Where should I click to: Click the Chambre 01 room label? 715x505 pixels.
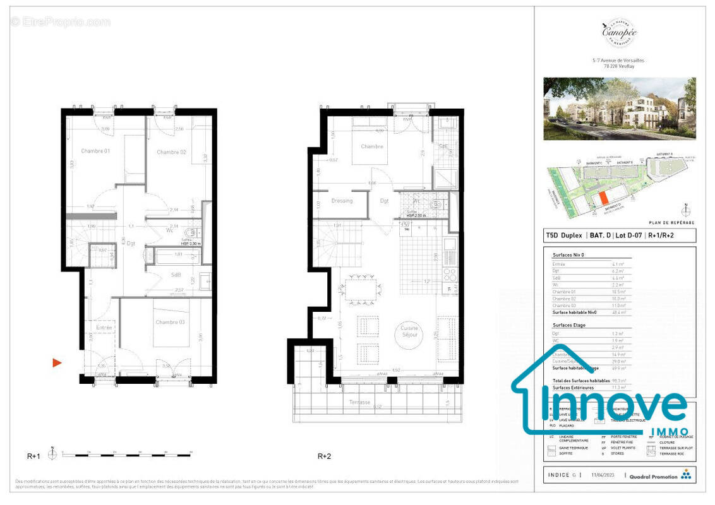coord(95,151)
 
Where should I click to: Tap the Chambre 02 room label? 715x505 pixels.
coord(171,152)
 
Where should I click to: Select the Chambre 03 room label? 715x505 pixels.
coord(171,323)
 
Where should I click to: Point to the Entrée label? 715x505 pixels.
coord(104,328)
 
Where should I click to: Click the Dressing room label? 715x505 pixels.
coord(342,201)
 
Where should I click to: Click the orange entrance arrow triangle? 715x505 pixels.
coord(57,362)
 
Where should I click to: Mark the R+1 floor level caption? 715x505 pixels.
coord(33,455)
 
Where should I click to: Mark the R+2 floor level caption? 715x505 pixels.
coord(325,455)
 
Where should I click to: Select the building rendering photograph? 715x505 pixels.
coord(620,109)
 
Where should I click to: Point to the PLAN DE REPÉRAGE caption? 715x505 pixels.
coord(671,223)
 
